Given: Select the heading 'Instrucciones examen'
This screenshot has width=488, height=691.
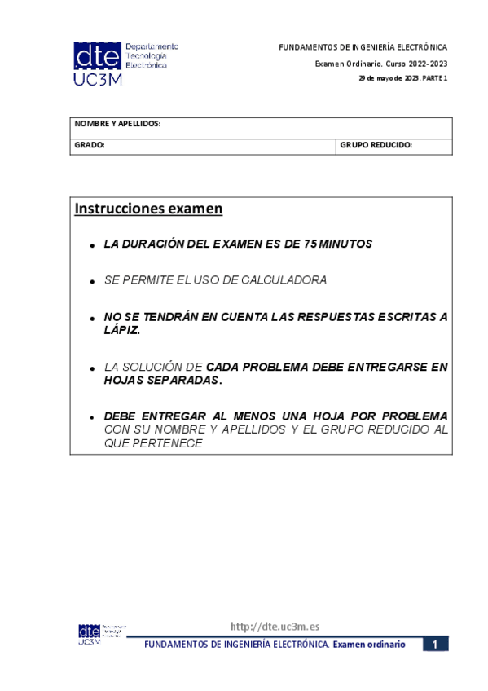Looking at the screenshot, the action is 148,209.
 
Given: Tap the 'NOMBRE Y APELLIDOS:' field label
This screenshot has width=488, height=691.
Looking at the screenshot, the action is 117,124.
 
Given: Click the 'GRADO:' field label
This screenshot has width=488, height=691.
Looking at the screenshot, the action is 90,145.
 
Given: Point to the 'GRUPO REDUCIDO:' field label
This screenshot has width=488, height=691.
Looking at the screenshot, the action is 376,145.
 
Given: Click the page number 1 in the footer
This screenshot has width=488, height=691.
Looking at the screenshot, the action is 435,645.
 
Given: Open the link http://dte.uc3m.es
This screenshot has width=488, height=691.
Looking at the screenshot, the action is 275,627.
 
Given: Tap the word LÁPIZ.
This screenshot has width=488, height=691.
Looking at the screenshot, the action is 122,330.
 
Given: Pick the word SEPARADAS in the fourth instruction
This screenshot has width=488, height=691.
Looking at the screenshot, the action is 187,380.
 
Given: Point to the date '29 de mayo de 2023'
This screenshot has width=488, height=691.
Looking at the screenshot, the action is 381,78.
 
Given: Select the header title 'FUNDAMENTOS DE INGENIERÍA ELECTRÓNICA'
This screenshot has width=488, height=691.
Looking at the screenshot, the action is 363,48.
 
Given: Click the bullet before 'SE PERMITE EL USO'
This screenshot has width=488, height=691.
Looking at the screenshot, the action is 94,281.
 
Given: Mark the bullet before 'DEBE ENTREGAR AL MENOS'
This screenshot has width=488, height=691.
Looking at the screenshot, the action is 94,416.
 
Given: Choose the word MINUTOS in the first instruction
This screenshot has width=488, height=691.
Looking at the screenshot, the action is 345,244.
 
